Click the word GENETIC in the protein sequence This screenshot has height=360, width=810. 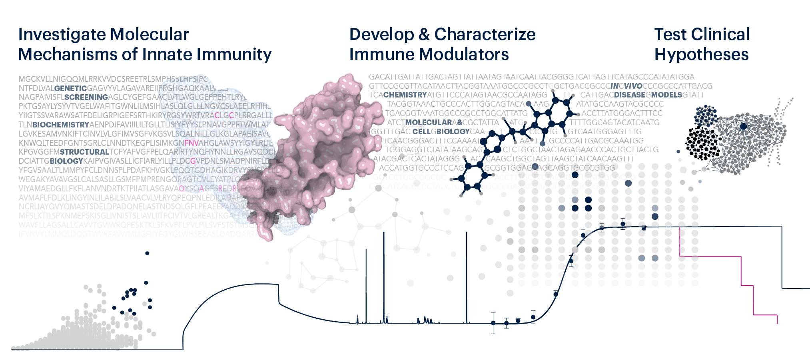tap(70, 88)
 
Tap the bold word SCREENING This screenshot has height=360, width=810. tap(86, 97)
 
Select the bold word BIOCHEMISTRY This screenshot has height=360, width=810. tap(61, 125)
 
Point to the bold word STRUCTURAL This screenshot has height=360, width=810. tap(84, 152)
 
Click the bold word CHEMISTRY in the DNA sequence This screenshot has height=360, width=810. tap(405, 95)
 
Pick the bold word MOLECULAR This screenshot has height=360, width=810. tap(429, 122)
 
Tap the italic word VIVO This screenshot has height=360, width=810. tap(633, 86)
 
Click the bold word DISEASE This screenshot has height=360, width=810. tap(629, 95)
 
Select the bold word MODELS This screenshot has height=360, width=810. tap(666, 95)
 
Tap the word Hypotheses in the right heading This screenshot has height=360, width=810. tap(701, 54)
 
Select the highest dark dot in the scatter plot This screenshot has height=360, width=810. tap(147, 253)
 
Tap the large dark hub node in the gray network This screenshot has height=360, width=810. tap(743, 126)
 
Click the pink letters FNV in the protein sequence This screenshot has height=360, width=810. tap(192, 143)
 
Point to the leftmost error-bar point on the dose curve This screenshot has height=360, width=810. tap(493, 323)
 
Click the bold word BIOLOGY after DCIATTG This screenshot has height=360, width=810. tap(66, 161)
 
